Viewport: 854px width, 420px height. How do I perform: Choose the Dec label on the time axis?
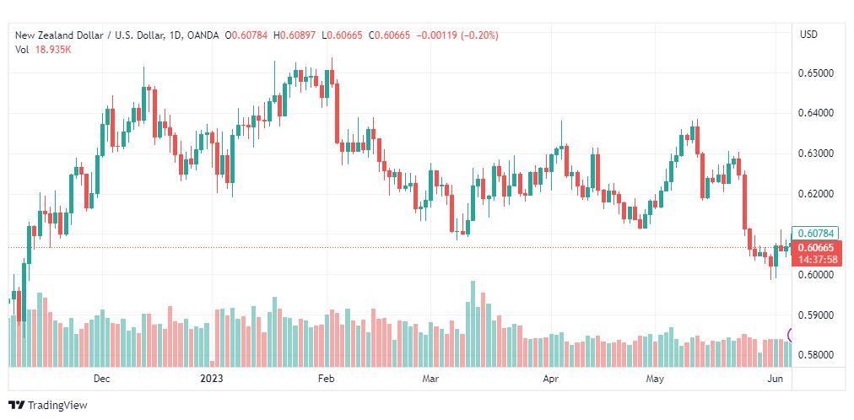[102, 379]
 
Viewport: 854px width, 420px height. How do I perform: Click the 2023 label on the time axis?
[212, 379]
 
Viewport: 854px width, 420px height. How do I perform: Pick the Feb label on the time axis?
[325, 379]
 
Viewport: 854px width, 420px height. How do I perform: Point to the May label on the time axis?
[655, 379]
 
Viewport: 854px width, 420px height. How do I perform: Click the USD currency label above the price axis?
[808, 35]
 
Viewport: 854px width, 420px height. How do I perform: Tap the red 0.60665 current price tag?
[816, 248]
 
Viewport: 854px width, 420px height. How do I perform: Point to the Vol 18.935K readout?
[43, 50]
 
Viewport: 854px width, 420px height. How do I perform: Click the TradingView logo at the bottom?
[48, 406]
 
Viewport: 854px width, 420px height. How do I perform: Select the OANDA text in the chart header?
[203, 35]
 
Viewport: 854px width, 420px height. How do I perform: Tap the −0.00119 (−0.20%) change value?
[457, 35]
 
